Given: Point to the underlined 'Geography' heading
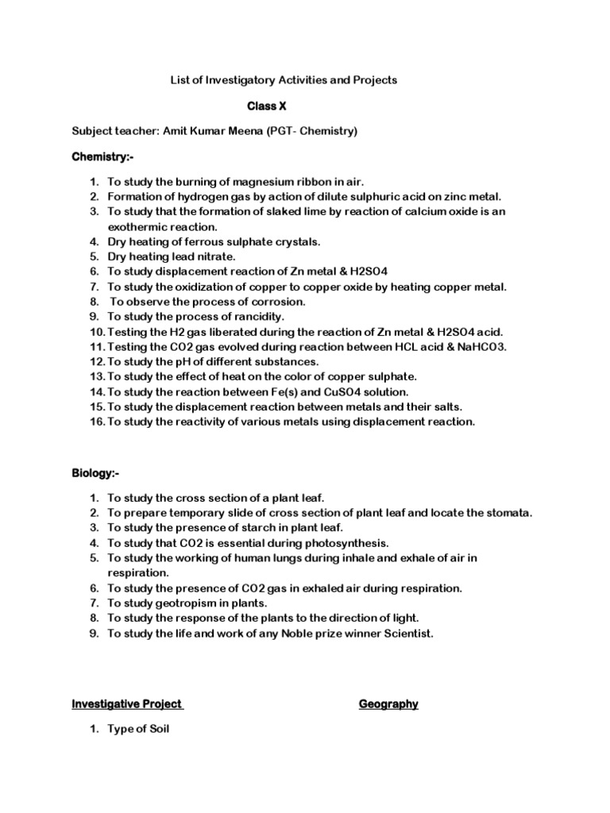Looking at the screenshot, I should (x=388, y=703).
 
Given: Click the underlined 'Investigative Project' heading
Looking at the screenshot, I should (x=128, y=703).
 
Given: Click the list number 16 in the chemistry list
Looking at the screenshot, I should (x=96, y=422).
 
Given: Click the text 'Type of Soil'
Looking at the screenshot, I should (x=138, y=730).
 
